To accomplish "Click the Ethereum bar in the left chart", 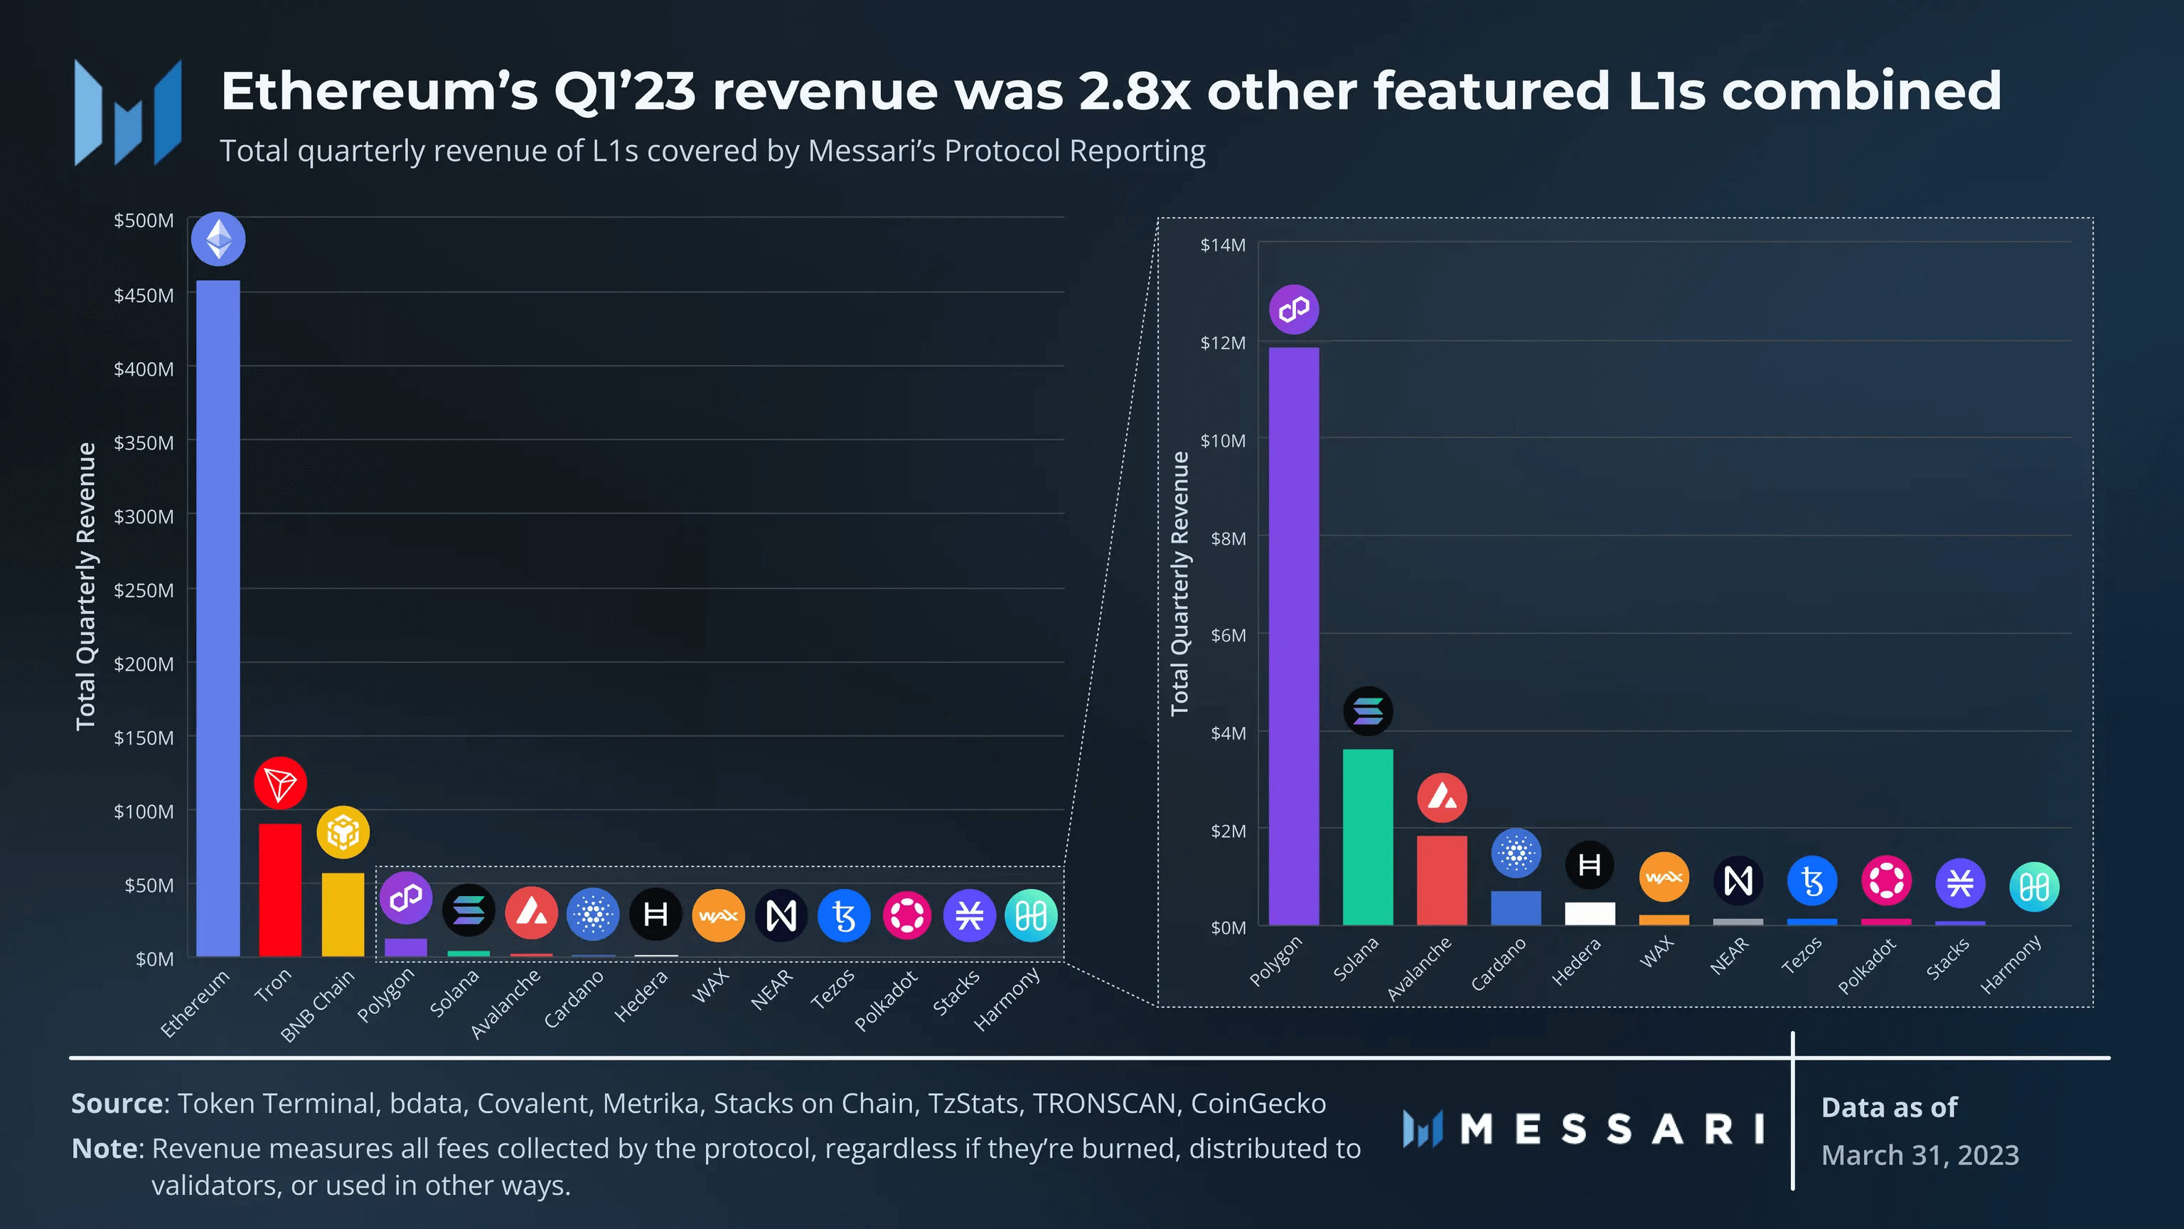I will tap(218, 619).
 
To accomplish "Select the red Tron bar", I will tap(280, 890).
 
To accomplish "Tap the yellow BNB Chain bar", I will tap(343, 915).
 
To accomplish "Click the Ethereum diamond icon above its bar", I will tap(218, 239).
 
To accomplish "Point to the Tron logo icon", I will tap(280, 783).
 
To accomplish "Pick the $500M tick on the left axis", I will tap(144, 220).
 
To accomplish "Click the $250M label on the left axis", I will tap(144, 590).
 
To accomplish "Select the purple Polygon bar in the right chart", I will tap(1294, 636).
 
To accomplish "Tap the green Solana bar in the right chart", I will tap(1368, 836).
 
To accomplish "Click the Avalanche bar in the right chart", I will tap(1441, 880).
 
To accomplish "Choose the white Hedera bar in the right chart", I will tap(1590, 913).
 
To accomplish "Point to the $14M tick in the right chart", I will tap(1223, 245).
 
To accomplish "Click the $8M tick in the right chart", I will tap(1228, 538).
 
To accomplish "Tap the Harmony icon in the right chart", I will tap(2034, 887).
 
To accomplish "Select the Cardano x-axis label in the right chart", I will tap(1498, 964).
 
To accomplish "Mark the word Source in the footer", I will tap(118, 1104).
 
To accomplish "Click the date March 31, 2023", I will tap(1920, 1155).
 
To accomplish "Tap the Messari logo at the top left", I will tap(128, 112).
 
